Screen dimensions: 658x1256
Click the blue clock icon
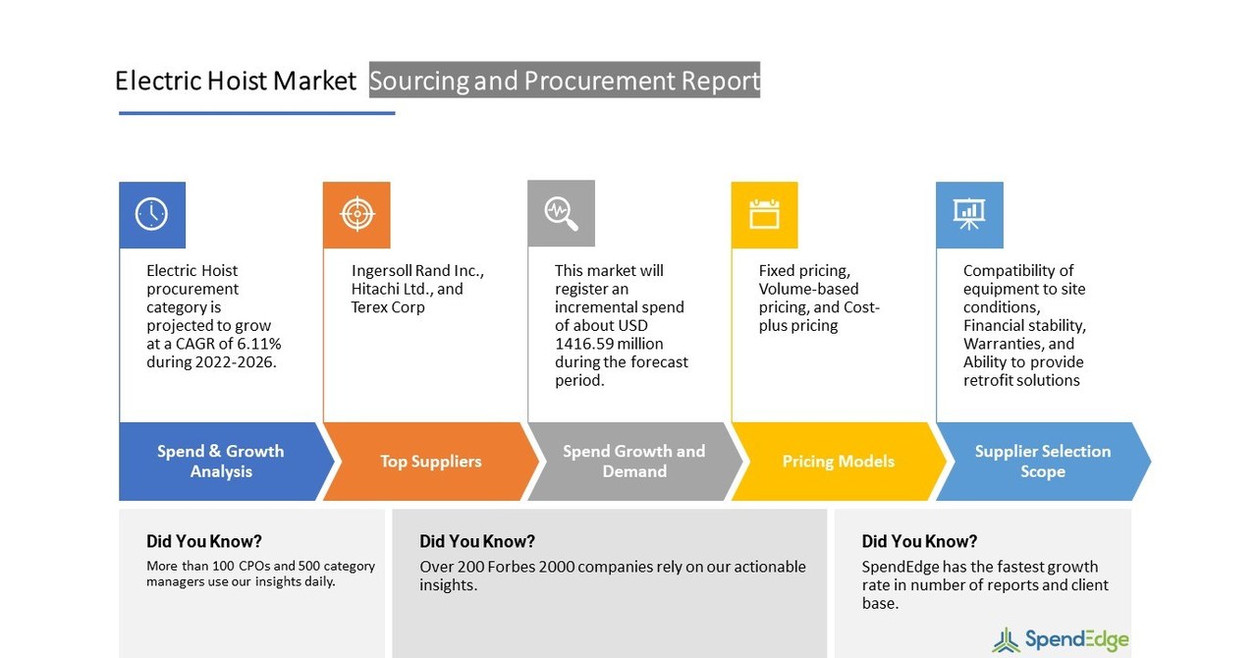coord(151,214)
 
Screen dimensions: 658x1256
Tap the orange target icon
coord(356,214)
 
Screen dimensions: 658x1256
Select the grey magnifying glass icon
coord(561,213)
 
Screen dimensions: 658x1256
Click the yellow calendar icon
coord(764,214)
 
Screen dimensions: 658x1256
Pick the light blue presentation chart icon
coord(969,214)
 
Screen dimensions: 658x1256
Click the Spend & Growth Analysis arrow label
coord(221,462)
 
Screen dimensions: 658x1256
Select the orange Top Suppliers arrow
coord(430,462)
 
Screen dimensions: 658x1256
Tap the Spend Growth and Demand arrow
coord(633,462)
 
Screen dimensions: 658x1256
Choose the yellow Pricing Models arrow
coord(838,462)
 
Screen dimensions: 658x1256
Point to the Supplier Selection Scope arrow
coord(1042,462)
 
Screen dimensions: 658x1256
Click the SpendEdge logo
coord(1061,640)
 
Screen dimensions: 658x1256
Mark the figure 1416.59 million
coord(609,344)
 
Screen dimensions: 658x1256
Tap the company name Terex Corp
coord(388,307)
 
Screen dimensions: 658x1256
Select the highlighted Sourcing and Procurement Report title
coord(564,81)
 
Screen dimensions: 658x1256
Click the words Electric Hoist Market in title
coord(235,81)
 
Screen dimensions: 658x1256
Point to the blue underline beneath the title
coord(256,113)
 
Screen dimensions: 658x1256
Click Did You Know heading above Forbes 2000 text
coord(477,541)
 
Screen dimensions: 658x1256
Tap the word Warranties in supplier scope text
coord(1004,344)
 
